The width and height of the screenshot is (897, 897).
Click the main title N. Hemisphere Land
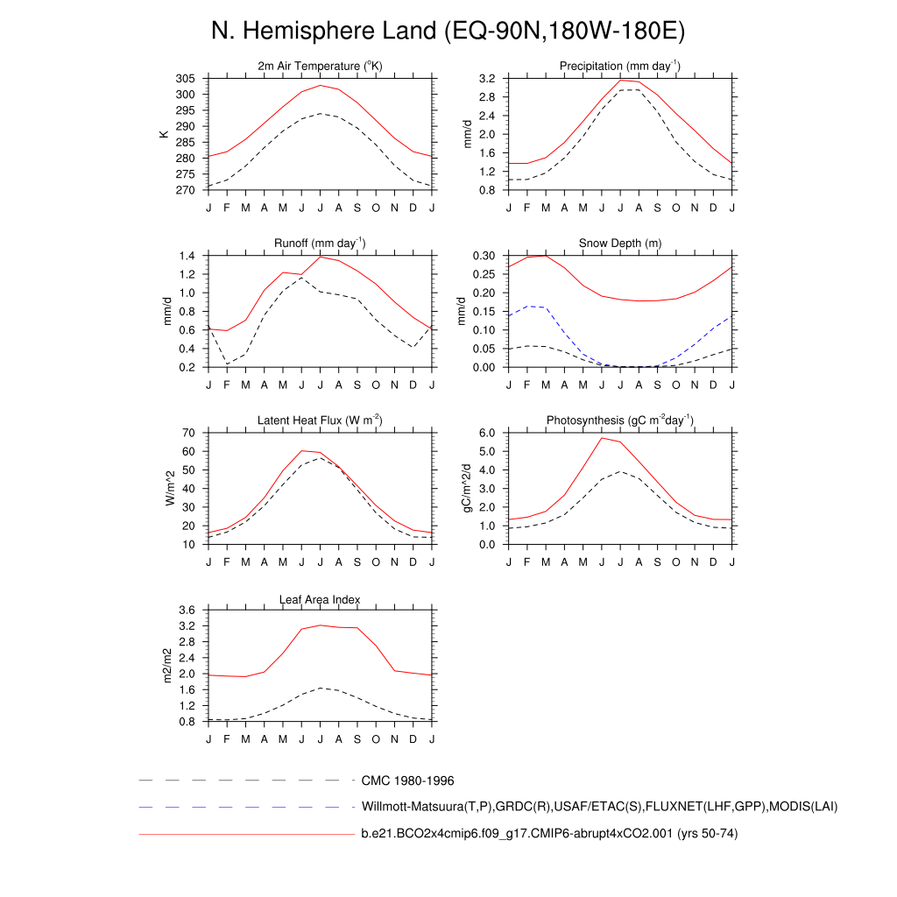[448, 31]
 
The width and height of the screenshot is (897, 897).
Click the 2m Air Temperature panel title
[321, 67]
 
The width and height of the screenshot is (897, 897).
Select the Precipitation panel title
[620, 67]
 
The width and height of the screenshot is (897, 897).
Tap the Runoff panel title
[321, 244]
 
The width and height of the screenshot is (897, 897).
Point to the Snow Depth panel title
[620, 244]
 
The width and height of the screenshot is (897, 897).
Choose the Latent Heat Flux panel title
[321, 420]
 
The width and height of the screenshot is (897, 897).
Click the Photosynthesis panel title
[620, 420]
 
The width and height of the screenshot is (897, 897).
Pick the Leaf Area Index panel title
[321, 599]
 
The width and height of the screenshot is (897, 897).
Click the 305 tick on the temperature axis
[185, 79]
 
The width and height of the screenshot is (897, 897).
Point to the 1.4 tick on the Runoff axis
[186, 256]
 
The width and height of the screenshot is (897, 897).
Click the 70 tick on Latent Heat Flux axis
[188, 433]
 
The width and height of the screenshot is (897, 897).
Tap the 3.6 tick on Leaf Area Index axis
[186, 610]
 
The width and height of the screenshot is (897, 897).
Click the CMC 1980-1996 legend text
[407, 780]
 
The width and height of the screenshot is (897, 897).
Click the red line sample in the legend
[245, 834]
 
